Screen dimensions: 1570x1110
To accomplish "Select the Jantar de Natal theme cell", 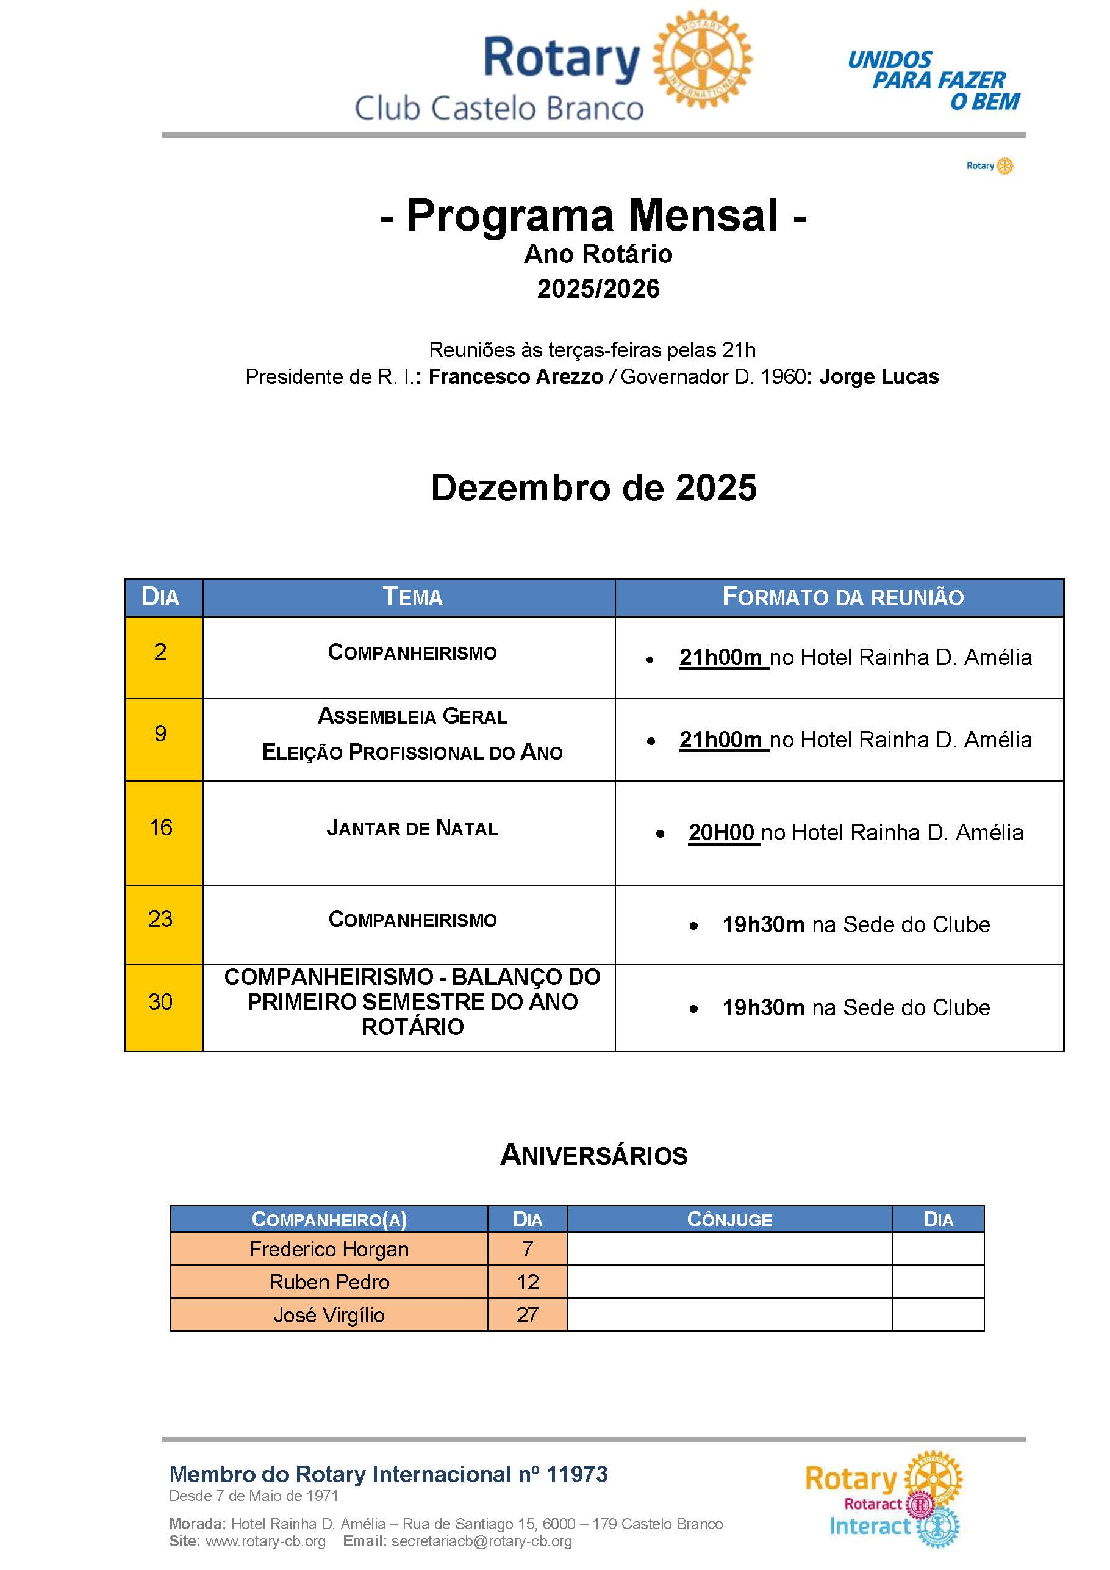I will [x=412, y=829].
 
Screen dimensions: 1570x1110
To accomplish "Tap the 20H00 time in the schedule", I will [x=721, y=834].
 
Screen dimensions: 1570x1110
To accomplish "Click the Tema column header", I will [x=412, y=597].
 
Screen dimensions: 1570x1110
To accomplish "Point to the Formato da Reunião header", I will [x=843, y=597].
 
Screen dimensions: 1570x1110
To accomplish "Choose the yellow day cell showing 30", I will [x=161, y=1003].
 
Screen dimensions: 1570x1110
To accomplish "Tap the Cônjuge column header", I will [x=729, y=1220].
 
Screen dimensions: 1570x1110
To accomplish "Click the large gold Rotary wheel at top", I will [x=702, y=59].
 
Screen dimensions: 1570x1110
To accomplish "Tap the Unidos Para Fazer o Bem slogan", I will [x=934, y=81].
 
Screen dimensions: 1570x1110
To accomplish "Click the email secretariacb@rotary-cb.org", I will [x=482, y=1542].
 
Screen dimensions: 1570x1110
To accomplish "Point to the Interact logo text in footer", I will [x=870, y=1526].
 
